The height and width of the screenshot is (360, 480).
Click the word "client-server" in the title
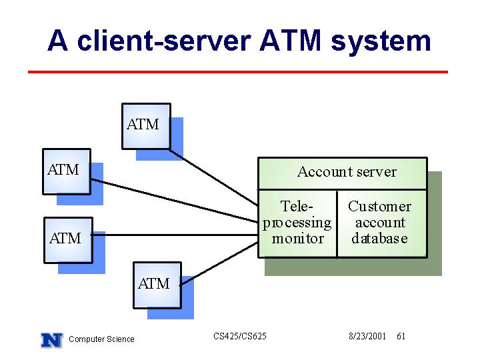point(164,41)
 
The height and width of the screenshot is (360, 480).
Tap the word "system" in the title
point(381,42)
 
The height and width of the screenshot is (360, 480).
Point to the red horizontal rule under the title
point(238,72)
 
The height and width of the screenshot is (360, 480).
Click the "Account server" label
point(347,172)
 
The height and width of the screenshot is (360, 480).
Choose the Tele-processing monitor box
point(297,224)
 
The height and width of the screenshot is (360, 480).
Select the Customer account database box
point(382,224)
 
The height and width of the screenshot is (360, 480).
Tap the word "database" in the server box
point(379,239)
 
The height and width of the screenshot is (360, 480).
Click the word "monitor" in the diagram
point(297,239)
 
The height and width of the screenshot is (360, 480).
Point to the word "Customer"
point(379,206)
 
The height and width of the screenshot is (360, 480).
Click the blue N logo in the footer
point(52,340)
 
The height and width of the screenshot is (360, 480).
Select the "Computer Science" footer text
point(101,339)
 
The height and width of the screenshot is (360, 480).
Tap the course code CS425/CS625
point(240,336)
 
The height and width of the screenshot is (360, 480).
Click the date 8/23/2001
point(367,336)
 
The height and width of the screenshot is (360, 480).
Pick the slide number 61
point(401,336)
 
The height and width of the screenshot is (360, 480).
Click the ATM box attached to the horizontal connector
point(68,240)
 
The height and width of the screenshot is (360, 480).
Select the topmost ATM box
point(146,126)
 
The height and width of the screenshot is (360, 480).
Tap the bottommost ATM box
point(157,285)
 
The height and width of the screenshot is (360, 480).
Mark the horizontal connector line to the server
point(175,235)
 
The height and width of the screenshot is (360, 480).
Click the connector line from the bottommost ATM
point(219,264)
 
